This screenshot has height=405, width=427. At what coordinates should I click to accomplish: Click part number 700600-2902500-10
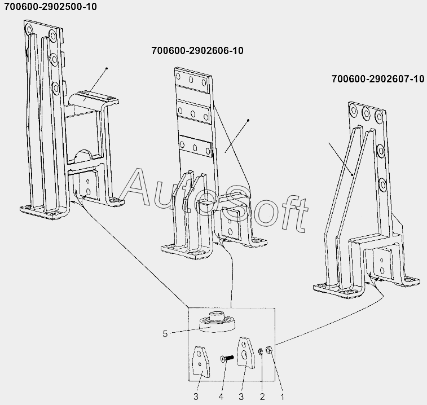coord(50,7)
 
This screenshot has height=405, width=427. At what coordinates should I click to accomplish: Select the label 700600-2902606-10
coord(197,51)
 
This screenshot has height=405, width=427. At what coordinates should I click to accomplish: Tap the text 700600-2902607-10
coord(378,79)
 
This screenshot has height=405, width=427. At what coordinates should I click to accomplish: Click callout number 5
coord(165,334)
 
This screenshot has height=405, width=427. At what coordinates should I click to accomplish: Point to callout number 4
coord(221,397)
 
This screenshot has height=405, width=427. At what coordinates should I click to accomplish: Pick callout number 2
coord(262,397)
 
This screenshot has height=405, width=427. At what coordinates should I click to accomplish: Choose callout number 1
coord(283,397)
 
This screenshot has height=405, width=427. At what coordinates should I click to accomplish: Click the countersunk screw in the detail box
coord(227,358)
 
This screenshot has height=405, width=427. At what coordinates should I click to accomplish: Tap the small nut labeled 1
coord(269,350)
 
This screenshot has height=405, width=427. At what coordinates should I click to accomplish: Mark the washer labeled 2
coord(261,351)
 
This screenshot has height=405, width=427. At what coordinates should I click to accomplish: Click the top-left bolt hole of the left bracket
coord(29,29)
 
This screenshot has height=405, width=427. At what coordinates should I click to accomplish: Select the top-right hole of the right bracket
coord(378,116)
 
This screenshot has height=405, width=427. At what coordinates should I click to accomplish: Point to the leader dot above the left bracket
coord(107,68)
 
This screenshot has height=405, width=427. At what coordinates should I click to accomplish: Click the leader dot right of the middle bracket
coord(248,120)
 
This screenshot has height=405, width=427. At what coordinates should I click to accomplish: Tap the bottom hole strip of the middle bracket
coord(195,147)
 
